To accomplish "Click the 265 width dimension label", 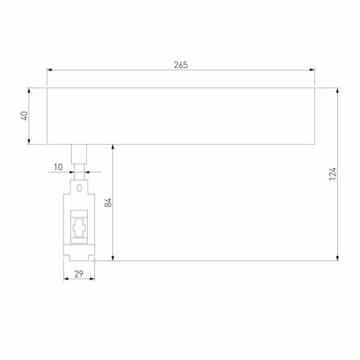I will tap(180, 64).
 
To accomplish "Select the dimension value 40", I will tap(25, 116).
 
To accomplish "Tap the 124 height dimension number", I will tap(333, 173).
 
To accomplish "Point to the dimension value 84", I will tap(108, 203).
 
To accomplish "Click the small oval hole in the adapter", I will tap(80, 188).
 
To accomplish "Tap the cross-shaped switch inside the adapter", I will tap(79, 229).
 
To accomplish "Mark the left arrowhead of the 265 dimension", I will tap(50, 71).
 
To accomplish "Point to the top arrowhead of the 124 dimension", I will tap(339, 90).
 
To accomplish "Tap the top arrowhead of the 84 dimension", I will tap(114, 148).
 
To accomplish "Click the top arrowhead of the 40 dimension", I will tap(31, 90).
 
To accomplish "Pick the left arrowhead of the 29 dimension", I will tap(66, 279).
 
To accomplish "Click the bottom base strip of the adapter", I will tap(79, 254).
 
